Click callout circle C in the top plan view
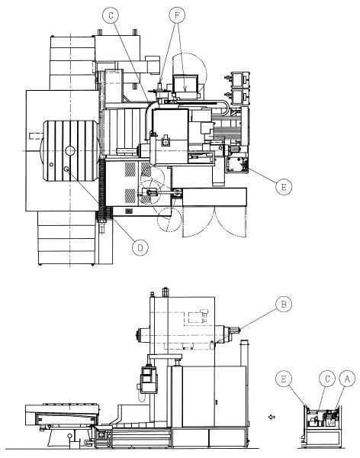[x=111, y=16]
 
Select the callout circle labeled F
[x=177, y=16]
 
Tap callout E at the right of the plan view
[x=284, y=187]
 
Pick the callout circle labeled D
[x=140, y=247]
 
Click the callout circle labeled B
[x=284, y=304]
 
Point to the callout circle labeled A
[x=347, y=379]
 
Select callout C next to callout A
[x=327, y=379]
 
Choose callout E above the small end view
[x=284, y=379]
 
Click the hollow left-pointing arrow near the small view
[x=272, y=417]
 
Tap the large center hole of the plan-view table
[x=70, y=150]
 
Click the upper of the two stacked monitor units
[x=239, y=79]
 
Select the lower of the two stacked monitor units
[x=239, y=96]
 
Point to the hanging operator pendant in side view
[x=149, y=379]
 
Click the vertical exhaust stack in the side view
[x=244, y=353]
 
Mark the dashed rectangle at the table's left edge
[x=36, y=136]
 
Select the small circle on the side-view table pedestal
[x=69, y=436]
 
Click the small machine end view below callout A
[x=323, y=427]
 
